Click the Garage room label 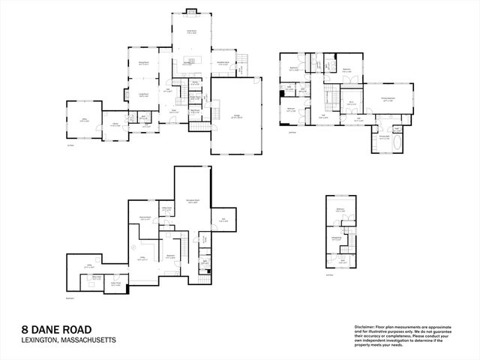(236, 115)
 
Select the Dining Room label (142, 63)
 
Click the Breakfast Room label (223, 63)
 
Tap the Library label (115, 124)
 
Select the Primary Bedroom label (388, 98)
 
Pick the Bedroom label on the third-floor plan (340, 210)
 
